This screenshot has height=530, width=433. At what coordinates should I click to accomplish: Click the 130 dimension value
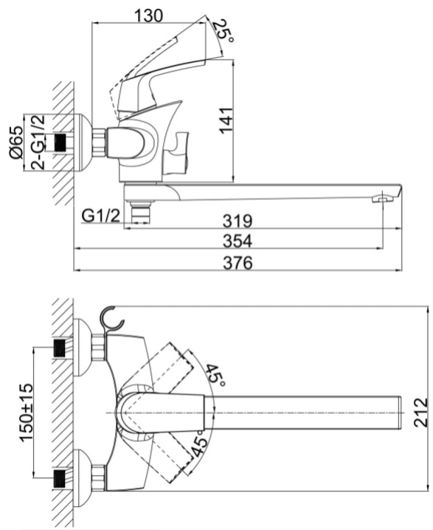tap(148, 16)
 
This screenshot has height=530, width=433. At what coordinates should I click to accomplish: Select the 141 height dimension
tap(226, 120)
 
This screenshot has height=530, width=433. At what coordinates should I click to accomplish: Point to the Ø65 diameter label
tap(16, 142)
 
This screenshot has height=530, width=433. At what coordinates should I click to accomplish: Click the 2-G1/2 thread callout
tap(38, 142)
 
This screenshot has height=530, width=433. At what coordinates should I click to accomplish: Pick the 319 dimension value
tap(238, 221)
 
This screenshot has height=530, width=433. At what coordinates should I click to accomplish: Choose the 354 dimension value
tap(238, 241)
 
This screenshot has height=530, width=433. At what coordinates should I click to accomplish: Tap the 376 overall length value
tap(238, 263)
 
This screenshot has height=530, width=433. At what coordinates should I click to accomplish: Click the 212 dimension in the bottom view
tap(421, 413)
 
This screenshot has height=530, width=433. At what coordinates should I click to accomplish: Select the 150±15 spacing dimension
tap(27, 413)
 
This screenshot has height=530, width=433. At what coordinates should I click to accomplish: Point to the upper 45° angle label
tap(215, 375)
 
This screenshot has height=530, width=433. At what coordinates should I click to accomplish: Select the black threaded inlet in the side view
tap(60, 142)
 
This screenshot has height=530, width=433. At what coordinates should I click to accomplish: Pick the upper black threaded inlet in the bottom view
tap(60, 348)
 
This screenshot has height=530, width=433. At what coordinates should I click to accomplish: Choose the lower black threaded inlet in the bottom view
tap(60, 478)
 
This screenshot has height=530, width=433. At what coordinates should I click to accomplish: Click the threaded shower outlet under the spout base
tap(139, 212)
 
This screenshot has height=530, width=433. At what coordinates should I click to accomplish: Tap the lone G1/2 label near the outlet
tap(101, 216)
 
